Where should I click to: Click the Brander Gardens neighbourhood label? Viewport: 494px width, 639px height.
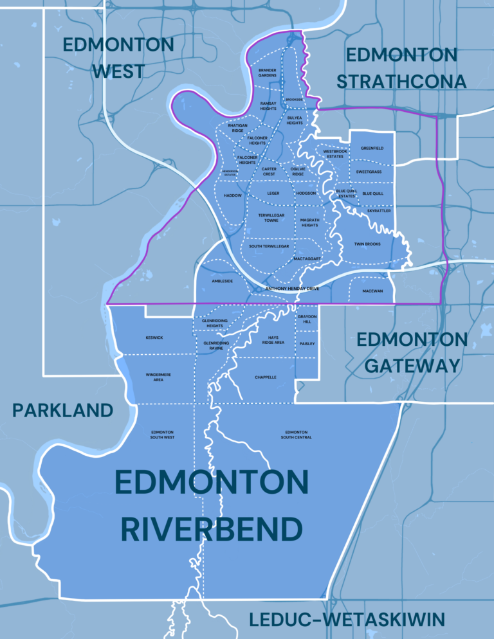(x=268, y=73)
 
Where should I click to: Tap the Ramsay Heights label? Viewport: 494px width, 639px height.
(x=268, y=106)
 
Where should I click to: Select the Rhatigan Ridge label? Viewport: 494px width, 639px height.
(x=237, y=128)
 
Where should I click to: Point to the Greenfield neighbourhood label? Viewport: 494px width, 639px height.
(x=372, y=148)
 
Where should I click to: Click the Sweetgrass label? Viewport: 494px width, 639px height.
(x=369, y=172)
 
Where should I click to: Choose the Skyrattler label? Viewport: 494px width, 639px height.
(x=379, y=210)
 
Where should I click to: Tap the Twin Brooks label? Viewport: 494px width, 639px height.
(x=367, y=244)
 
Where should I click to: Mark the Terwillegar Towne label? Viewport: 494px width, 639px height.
(x=271, y=218)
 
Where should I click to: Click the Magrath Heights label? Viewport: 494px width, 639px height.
(x=309, y=222)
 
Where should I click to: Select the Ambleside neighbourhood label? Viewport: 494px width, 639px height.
(x=223, y=281)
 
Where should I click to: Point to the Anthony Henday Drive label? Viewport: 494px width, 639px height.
(x=292, y=289)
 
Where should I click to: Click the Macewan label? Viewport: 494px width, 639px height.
(x=372, y=291)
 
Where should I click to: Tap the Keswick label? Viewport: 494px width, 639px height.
(x=154, y=337)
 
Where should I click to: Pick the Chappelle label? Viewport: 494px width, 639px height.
(x=265, y=377)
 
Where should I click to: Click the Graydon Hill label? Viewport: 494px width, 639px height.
(x=307, y=319)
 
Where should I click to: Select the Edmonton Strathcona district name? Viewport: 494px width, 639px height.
(x=401, y=67)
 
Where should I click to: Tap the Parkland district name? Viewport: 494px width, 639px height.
(x=62, y=410)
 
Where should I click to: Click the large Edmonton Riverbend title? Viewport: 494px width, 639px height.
(x=212, y=506)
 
